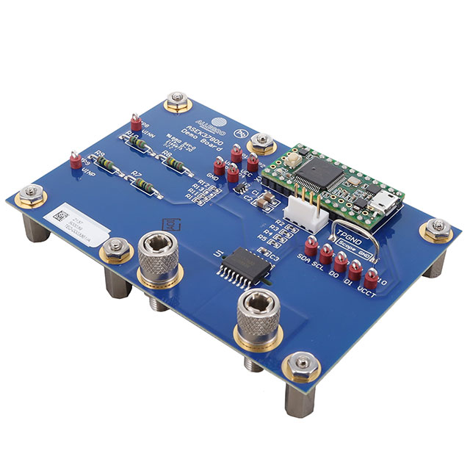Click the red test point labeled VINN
tap(135, 121)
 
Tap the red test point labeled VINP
tap(74, 159)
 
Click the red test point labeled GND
tap(219, 166)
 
